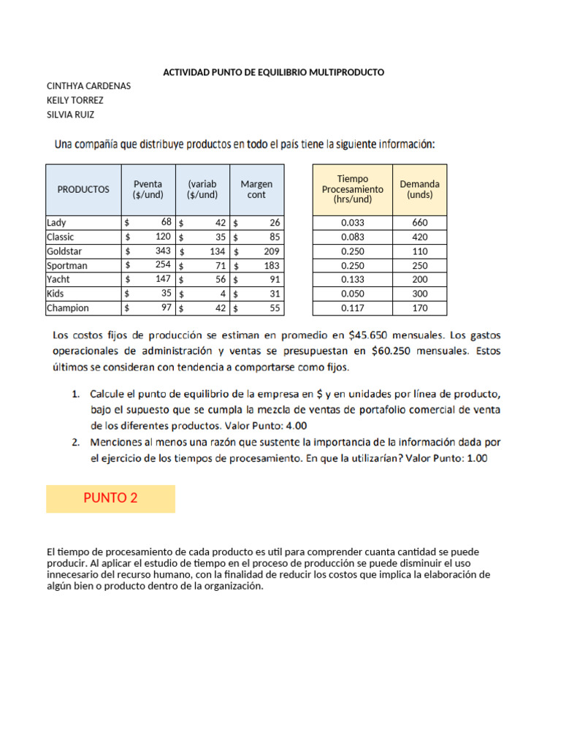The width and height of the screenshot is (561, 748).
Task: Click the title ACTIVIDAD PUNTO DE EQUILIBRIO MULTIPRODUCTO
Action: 272,72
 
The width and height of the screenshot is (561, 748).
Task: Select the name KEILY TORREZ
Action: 75,100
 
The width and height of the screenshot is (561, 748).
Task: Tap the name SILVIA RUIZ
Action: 70,115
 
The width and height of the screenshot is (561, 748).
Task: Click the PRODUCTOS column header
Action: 83,189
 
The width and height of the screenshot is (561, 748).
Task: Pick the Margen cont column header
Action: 256,189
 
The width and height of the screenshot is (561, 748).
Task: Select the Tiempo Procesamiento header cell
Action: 352,189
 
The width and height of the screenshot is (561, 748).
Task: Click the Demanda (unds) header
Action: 419,189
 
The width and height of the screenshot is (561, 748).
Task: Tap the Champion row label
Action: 67,308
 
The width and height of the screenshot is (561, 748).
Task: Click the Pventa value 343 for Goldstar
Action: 163,251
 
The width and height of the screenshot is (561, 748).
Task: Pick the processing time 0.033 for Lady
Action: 352,223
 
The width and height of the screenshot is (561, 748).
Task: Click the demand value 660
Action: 419,223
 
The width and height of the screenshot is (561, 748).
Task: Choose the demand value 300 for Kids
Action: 419,294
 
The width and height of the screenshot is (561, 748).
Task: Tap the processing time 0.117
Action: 352,308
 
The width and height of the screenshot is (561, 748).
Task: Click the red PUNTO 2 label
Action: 110,498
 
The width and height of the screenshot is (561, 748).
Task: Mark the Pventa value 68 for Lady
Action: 166,222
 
